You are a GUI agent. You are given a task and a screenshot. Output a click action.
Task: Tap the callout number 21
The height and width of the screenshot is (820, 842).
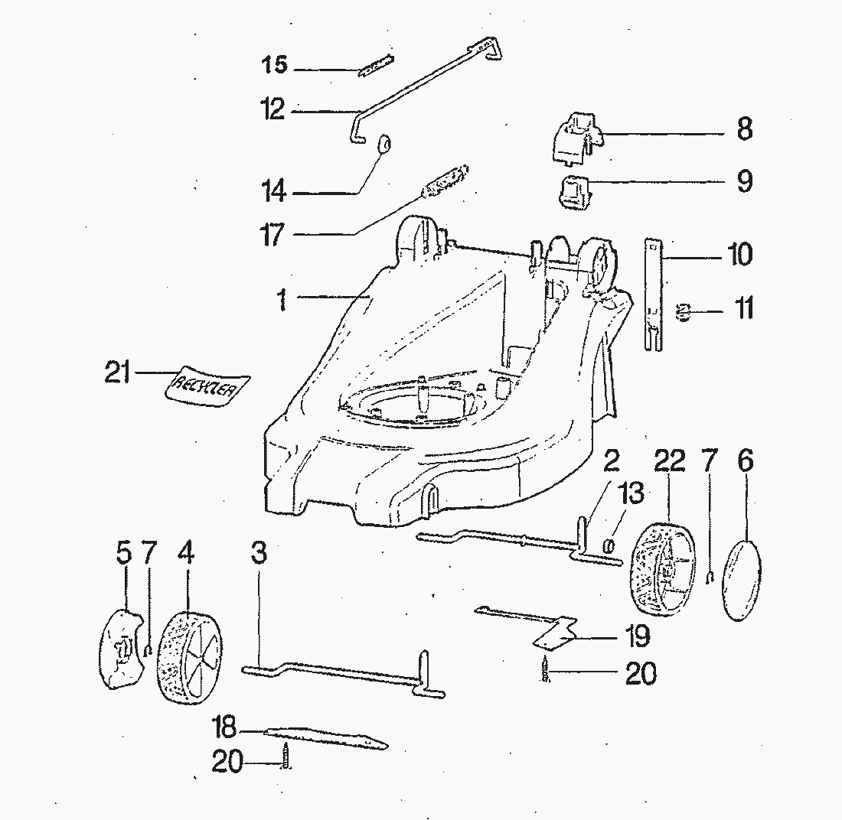(116, 375)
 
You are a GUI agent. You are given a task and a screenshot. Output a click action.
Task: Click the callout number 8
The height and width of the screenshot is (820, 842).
(744, 129)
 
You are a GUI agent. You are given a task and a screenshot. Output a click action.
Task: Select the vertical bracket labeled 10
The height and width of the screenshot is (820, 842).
(653, 294)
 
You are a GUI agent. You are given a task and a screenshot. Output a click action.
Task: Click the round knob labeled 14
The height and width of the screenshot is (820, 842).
(385, 143)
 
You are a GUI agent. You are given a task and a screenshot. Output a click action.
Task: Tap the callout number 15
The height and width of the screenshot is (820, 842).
(270, 66)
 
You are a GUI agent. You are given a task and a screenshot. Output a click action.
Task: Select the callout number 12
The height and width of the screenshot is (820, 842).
(270, 110)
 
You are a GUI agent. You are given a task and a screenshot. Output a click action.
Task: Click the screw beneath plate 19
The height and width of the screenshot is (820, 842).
(546, 670)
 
